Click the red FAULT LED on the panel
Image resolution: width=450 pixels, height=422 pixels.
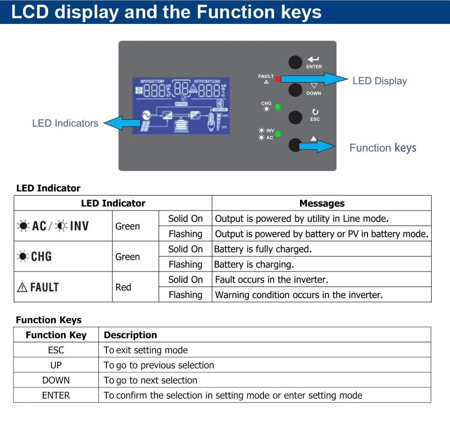[277, 79]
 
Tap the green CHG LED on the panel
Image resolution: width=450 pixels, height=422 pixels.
[277, 106]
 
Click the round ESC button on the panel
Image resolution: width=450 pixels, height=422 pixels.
[295, 117]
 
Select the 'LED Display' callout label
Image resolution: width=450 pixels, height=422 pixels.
[380, 81]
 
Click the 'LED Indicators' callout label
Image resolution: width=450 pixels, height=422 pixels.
[65, 123]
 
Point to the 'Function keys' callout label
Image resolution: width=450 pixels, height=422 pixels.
[382, 148]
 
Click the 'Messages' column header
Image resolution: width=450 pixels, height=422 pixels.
[322, 203]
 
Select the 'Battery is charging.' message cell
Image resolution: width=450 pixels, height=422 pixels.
[254, 264]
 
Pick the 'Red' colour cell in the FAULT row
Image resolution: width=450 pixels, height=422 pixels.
[123, 287]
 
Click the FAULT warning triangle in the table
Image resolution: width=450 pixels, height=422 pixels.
[22, 287]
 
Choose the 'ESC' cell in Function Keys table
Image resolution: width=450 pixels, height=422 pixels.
[56, 350]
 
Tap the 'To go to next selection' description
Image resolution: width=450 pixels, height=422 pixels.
[150, 380]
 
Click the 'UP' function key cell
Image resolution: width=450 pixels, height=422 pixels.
[56, 365]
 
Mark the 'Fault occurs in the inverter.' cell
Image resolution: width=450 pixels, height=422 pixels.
[271, 279]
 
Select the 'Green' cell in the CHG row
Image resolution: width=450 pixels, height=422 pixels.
[127, 256]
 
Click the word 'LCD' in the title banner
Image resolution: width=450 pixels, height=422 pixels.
[30, 12]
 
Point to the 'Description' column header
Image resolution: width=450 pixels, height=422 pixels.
[130, 335]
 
